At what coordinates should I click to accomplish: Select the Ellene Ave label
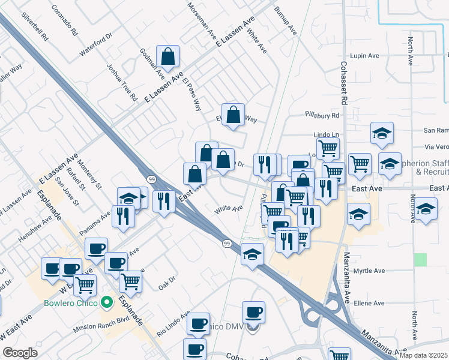coord(369,304)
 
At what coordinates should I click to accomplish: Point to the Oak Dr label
coord(167,280)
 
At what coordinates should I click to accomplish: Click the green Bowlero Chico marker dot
coord(107,302)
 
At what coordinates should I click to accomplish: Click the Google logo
coord(20,353)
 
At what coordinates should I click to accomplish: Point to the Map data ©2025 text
coord(424,355)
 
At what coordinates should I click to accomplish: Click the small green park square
coord(420,260)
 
